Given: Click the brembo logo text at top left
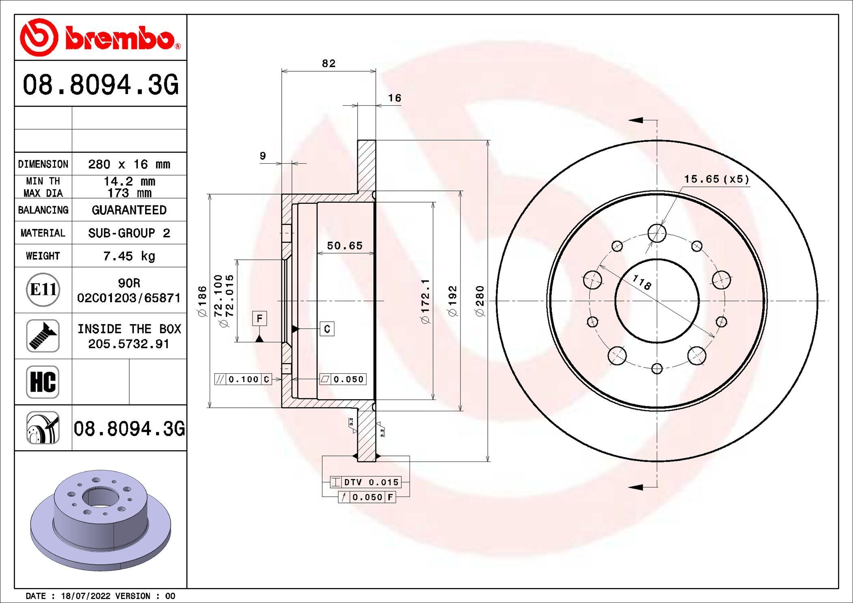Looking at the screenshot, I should (x=120, y=38).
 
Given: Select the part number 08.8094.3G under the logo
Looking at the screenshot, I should (x=100, y=85).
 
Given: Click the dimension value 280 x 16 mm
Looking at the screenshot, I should (x=129, y=164).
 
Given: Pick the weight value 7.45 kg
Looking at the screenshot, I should (x=129, y=256).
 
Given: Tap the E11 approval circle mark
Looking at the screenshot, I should (x=43, y=290).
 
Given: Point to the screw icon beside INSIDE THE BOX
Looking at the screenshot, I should (x=43, y=336).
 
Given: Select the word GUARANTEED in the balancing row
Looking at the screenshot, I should (x=129, y=210).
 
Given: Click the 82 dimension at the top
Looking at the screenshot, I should (x=328, y=64).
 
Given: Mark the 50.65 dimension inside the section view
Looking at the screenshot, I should (x=345, y=246).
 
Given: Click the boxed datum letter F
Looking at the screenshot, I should (x=259, y=318).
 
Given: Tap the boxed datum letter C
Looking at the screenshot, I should (x=327, y=329).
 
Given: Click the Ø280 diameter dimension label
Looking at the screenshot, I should (x=480, y=301).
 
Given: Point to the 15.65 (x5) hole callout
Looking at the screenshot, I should (x=716, y=179).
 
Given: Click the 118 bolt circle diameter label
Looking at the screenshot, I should (x=642, y=282).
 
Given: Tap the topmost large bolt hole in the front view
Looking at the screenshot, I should (x=657, y=233).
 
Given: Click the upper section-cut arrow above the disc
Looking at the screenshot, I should (x=636, y=120).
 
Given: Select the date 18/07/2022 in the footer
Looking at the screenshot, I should (x=86, y=596).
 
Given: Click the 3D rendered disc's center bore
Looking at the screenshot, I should (x=100, y=497).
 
